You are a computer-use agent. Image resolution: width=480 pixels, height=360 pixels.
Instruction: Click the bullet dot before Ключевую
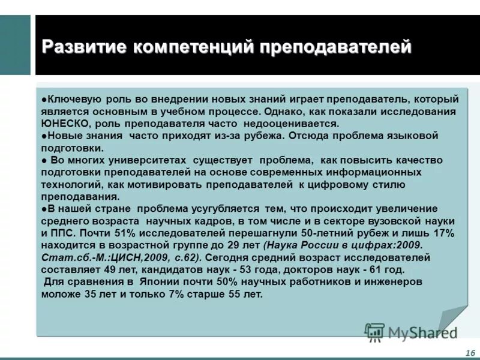[44, 98]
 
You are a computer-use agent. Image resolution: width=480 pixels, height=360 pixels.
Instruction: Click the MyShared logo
[412, 331]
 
